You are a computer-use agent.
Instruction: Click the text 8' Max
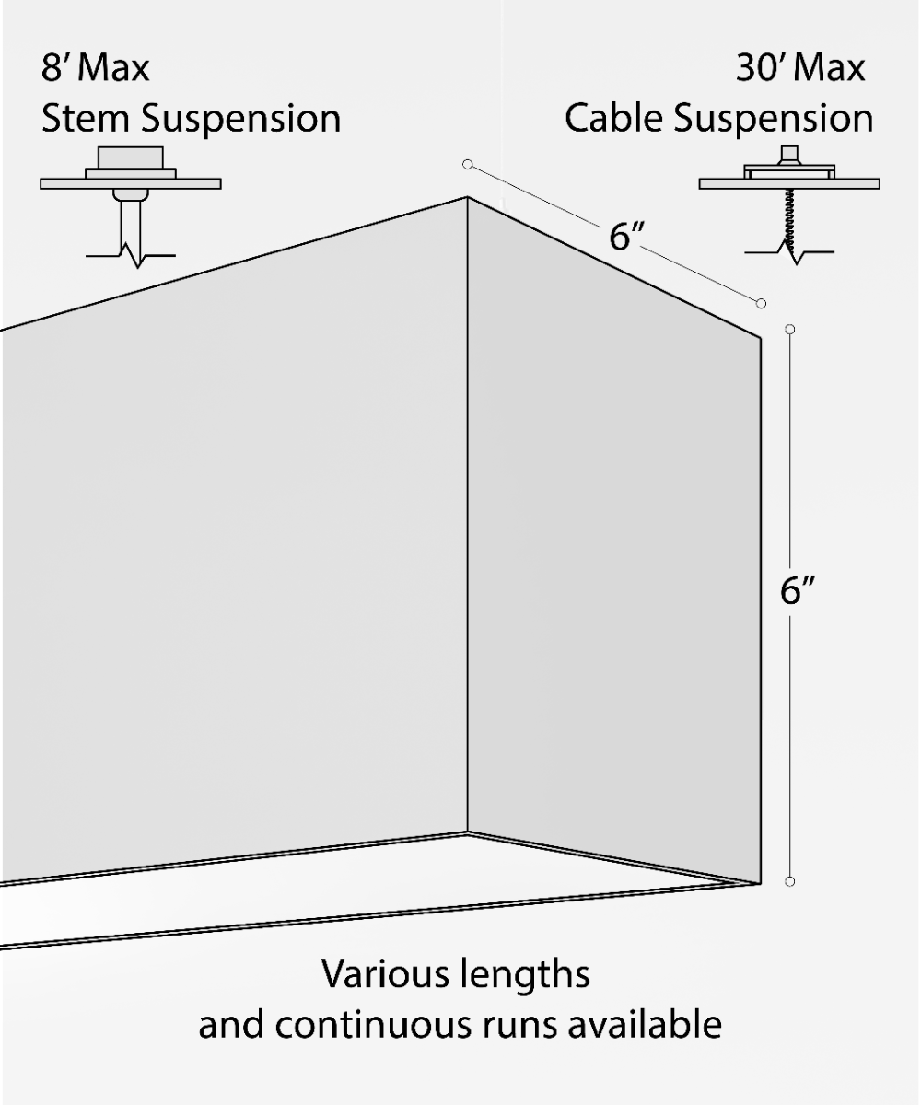tap(95, 69)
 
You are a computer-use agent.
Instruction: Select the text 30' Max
tap(800, 69)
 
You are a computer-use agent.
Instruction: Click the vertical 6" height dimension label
tap(799, 590)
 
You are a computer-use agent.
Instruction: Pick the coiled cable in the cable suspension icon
tap(789, 216)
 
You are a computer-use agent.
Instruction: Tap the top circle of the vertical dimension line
tap(789, 329)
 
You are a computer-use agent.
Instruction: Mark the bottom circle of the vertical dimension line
tap(789, 881)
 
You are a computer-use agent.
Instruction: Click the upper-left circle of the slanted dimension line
tap(468, 165)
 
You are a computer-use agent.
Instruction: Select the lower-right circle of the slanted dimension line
tap(761, 303)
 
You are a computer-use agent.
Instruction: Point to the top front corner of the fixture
tap(467, 197)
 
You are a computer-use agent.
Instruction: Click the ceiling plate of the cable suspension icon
tap(789, 183)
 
